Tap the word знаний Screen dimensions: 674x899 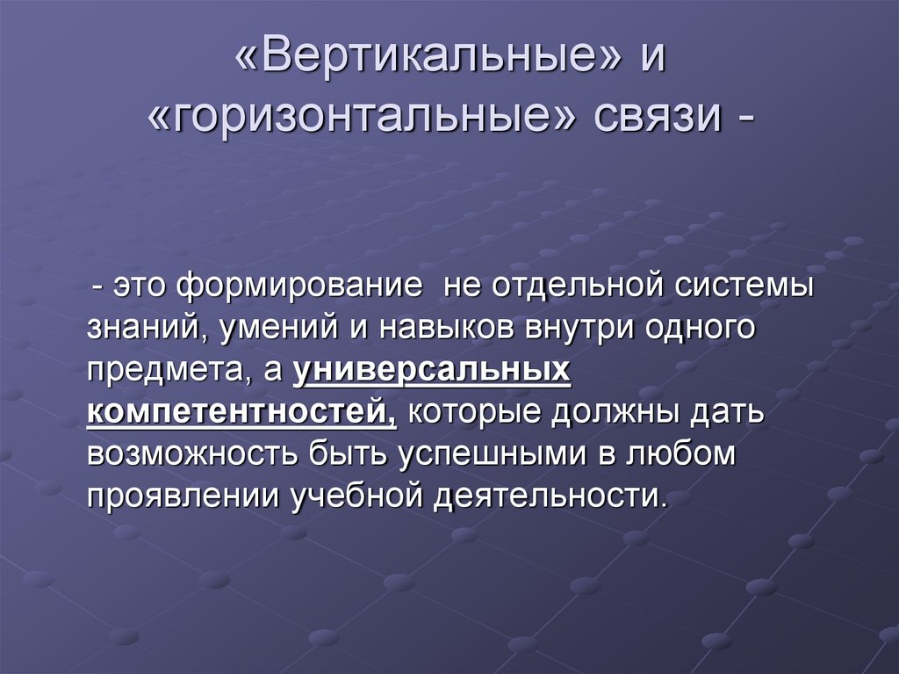[142, 330]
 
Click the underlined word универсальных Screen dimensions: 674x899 [432, 372]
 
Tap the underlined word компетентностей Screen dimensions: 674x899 [241, 414]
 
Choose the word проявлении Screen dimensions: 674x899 [183, 498]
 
